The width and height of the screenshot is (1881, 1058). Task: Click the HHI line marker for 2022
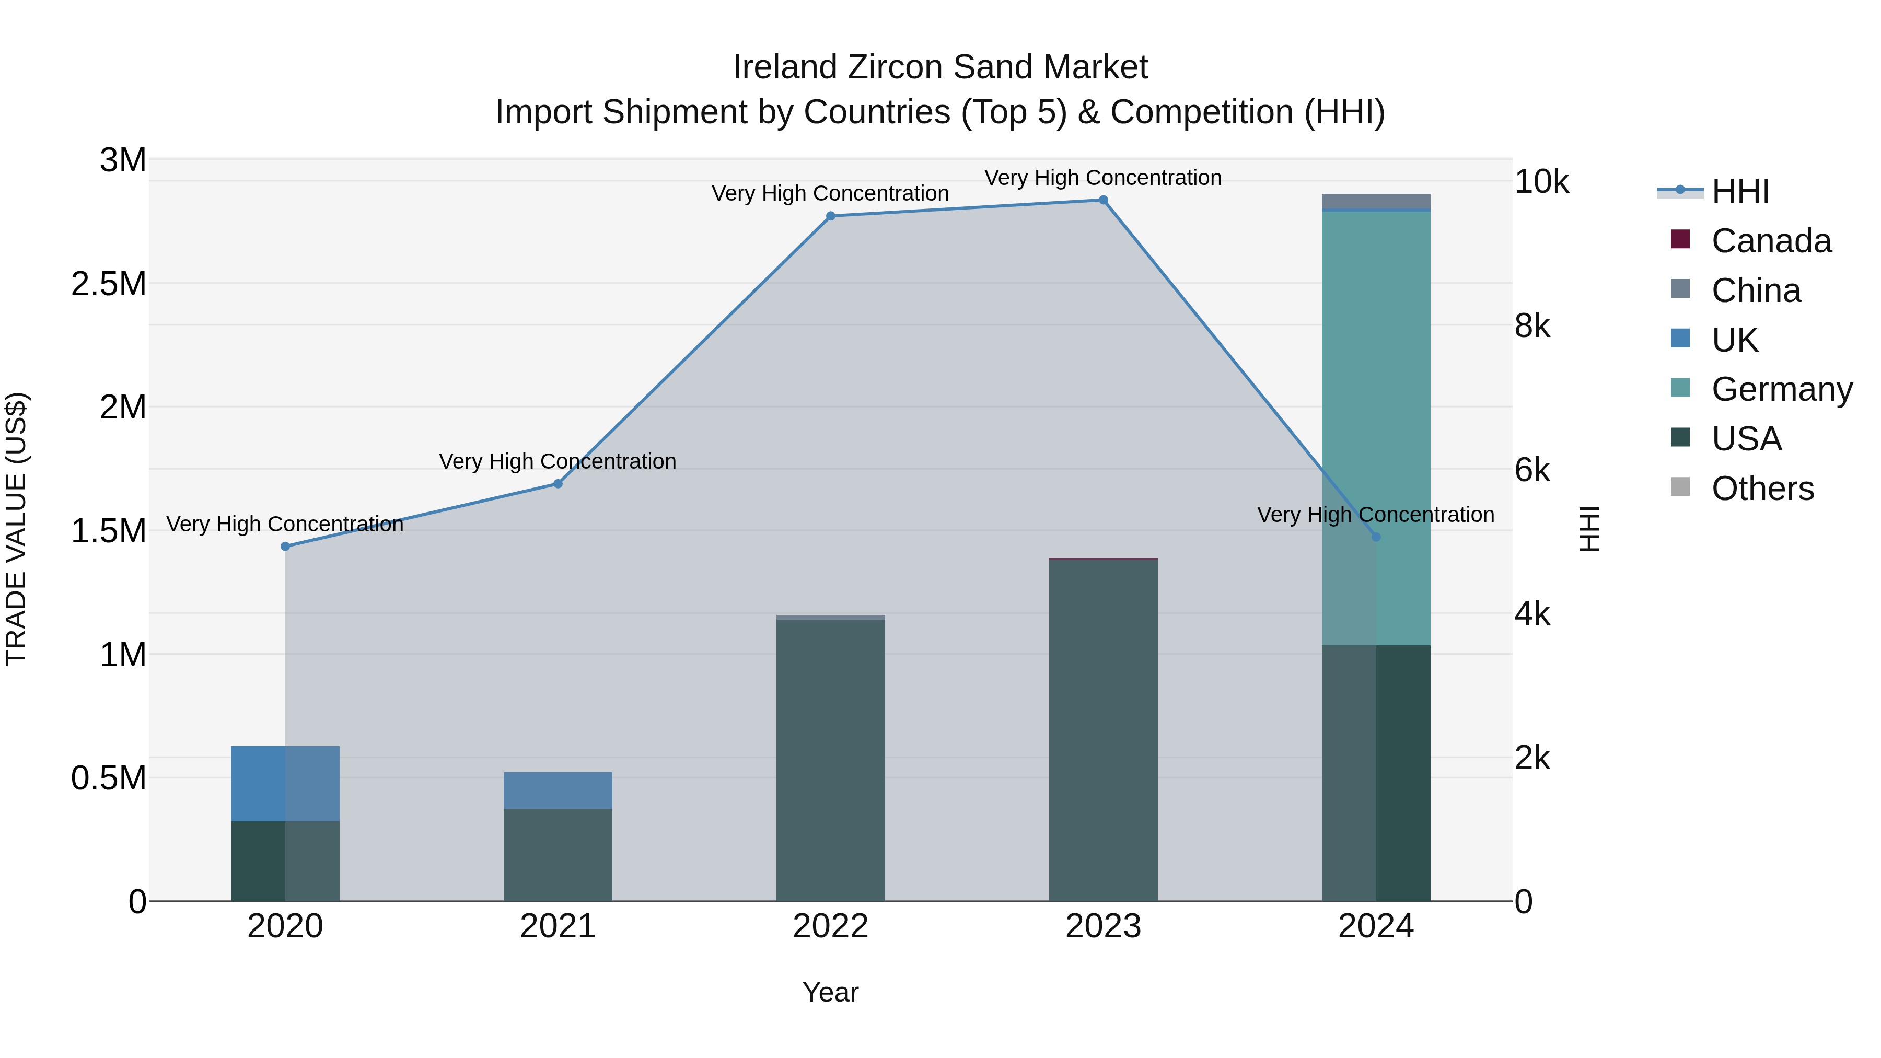point(830,216)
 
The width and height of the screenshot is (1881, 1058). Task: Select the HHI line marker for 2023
point(1104,200)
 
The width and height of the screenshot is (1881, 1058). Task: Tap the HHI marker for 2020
point(285,546)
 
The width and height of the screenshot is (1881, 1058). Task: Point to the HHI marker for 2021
point(558,483)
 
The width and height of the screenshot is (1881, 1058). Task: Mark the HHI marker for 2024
point(1376,537)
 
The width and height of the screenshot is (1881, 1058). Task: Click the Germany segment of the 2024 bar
point(1376,409)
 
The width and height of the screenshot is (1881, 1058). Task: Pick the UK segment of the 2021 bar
point(558,790)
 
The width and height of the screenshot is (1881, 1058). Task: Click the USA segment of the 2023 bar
point(1104,730)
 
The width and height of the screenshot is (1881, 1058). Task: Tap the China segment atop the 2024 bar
point(1376,200)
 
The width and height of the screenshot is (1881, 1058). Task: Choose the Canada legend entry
point(1771,241)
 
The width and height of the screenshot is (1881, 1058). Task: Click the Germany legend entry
point(1781,389)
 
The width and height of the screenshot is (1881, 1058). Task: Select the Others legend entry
point(1762,489)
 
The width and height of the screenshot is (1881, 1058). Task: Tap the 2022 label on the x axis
point(830,926)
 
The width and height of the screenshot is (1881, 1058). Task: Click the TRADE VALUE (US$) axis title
point(16,529)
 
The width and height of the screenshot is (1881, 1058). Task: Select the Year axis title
point(830,992)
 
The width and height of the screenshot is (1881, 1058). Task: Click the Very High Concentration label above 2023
point(1102,178)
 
